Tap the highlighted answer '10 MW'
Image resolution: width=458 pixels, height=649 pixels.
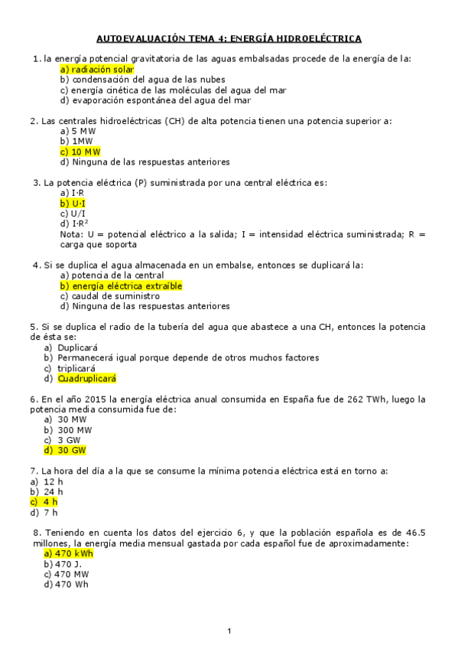tap(80, 152)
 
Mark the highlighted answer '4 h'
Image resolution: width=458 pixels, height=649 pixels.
tap(46, 502)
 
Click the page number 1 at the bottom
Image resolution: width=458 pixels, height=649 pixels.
tap(229, 631)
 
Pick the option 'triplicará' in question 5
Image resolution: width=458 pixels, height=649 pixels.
tap(76, 367)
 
